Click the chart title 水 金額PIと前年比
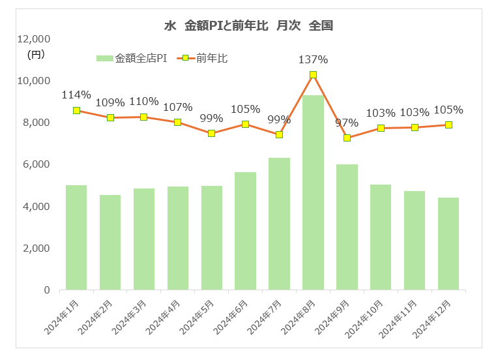249,26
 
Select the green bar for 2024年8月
314,192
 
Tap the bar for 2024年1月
76,237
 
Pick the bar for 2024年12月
448,244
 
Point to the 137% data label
313,59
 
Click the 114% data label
76,95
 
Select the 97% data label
347,123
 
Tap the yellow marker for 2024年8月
314,75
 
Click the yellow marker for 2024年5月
212,133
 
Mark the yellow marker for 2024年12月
448,125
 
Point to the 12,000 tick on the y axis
37,39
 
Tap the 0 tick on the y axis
48,290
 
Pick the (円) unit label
37,55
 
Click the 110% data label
144,101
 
